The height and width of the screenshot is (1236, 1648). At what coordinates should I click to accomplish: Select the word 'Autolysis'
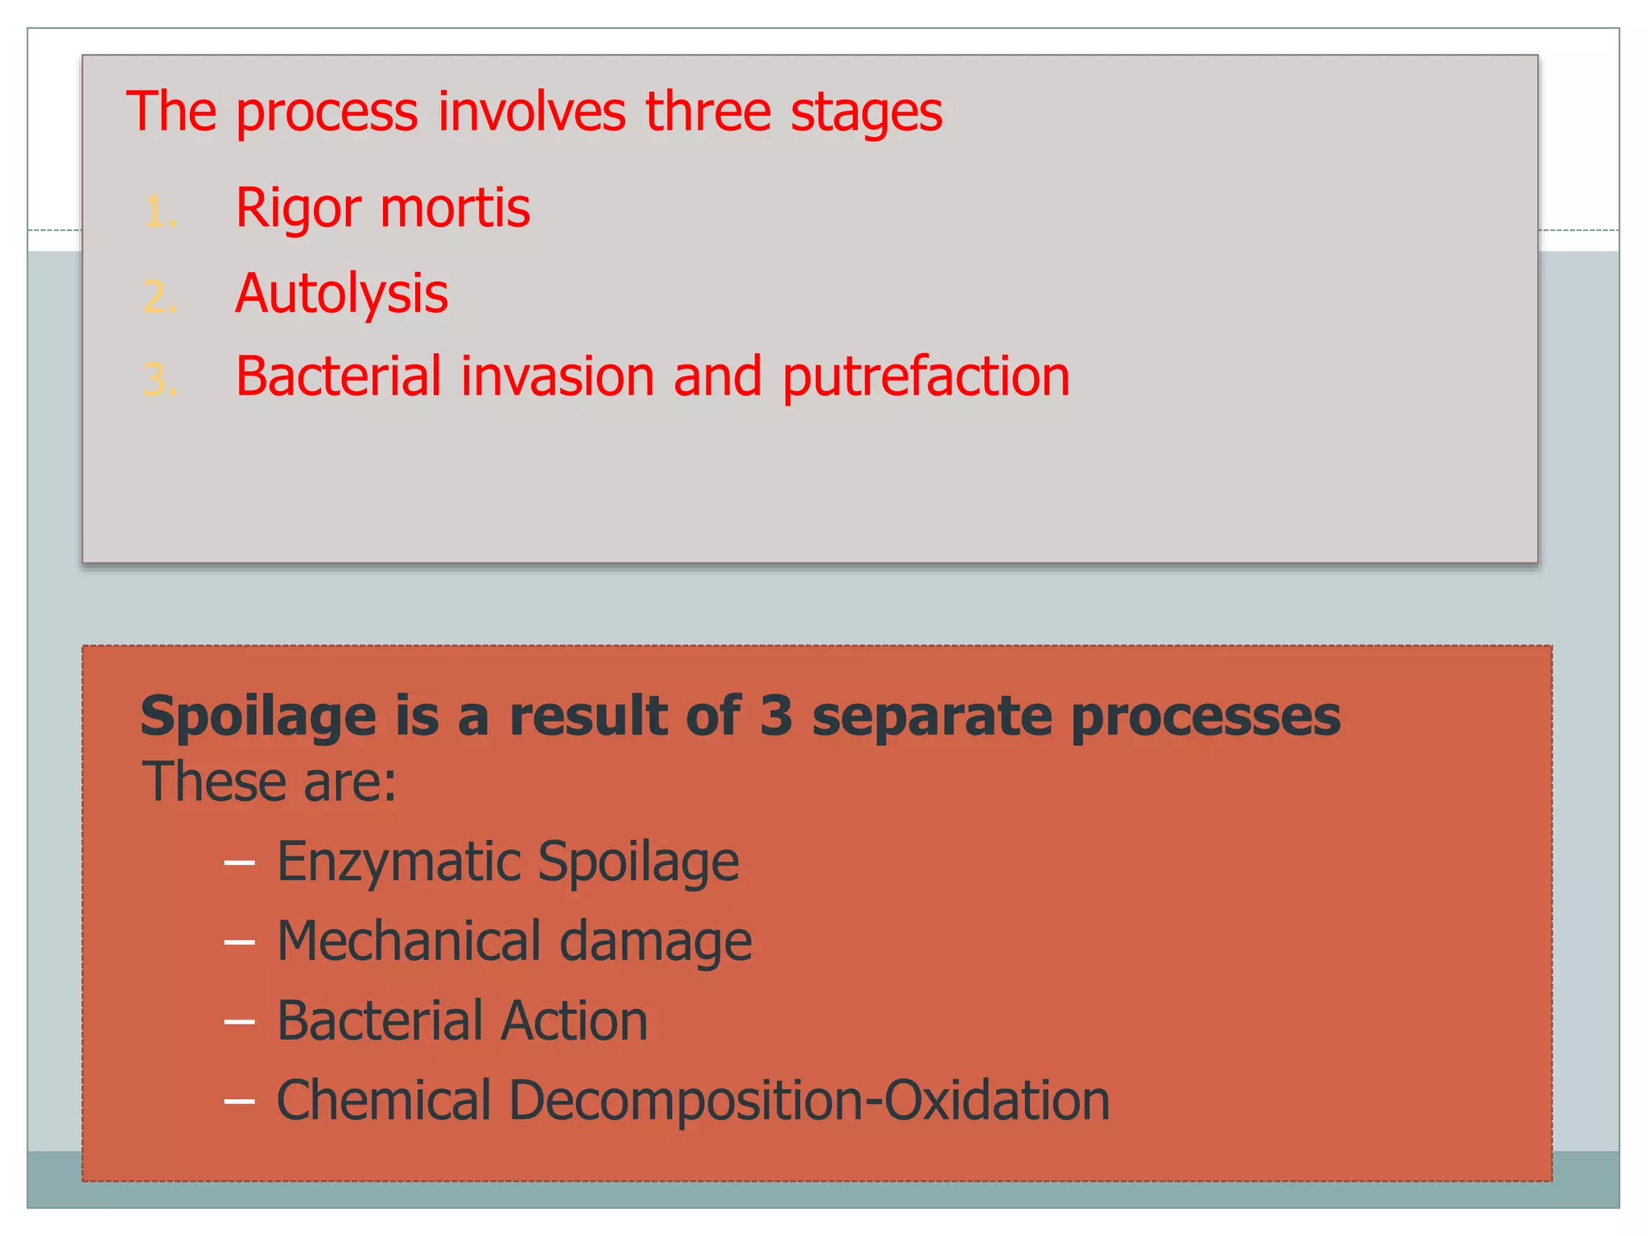coord(341,295)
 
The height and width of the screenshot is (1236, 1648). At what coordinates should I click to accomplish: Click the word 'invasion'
coord(557,377)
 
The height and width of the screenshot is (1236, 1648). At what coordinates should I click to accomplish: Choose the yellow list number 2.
coord(159,298)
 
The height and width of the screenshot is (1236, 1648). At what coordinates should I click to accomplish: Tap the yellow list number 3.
coord(159,381)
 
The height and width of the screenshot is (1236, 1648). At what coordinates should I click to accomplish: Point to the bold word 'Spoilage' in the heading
coord(258,716)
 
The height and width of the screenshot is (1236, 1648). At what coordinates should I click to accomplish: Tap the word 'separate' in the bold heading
coord(931,716)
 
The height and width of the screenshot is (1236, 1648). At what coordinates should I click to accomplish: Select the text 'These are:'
coord(270,782)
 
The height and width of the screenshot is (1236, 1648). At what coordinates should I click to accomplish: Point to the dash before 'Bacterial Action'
coord(239,1022)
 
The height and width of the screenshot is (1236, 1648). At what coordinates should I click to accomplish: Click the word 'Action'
coord(574,1021)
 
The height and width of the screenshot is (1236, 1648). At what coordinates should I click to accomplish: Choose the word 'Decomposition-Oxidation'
coord(809,1101)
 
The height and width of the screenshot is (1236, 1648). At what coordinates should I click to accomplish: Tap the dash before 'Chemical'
coord(239,1101)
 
